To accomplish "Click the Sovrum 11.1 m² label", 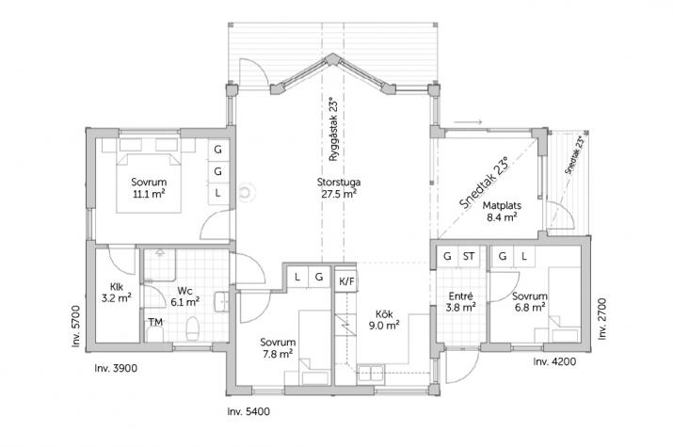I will (x=148, y=188).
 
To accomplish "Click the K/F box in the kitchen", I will (x=345, y=279).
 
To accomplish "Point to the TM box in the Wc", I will (x=155, y=323).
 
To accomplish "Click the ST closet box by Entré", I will (x=468, y=256).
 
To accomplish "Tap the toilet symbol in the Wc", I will (x=192, y=329).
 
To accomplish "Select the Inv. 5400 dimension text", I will (x=249, y=412).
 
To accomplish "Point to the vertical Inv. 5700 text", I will (x=78, y=324).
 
